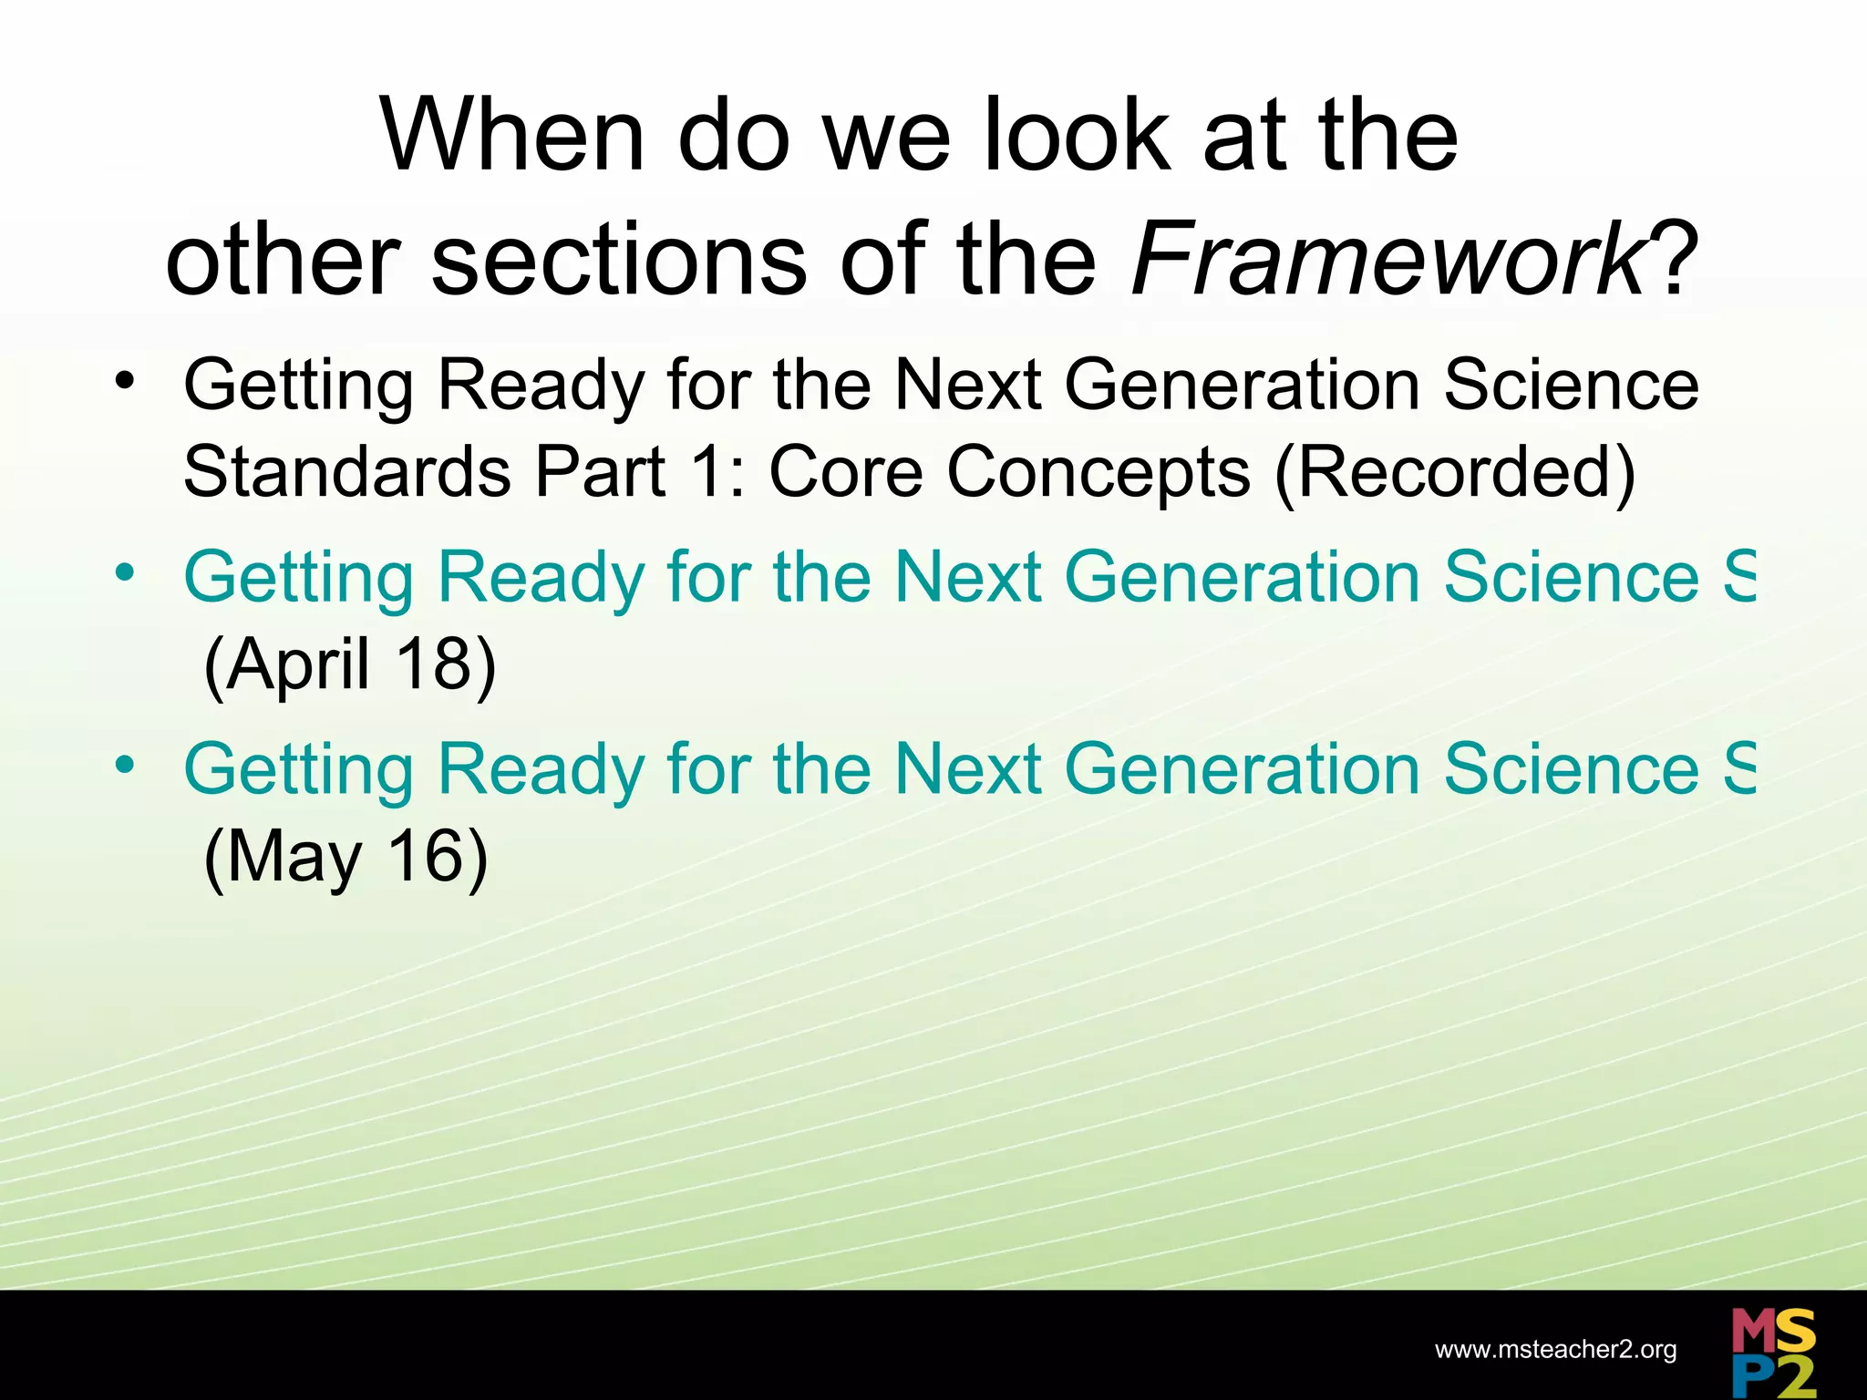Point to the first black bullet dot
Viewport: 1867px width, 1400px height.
coord(125,380)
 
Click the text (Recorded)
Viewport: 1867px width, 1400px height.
coord(1455,472)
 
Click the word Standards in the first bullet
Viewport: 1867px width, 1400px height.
coord(346,472)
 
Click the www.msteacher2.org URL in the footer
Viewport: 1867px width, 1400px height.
coord(1555,1350)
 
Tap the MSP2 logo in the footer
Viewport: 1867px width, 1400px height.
coord(1773,1352)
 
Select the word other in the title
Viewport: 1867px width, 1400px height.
coord(283,260)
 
